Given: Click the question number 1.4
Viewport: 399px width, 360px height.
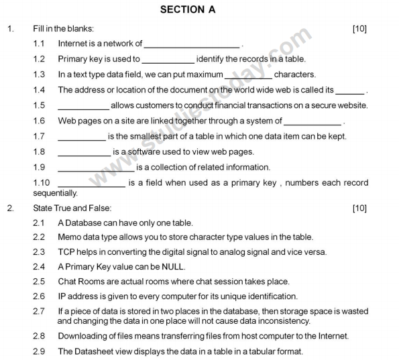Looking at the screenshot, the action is tap(40, 90).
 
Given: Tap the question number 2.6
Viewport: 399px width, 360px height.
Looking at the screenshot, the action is tap(40, 296).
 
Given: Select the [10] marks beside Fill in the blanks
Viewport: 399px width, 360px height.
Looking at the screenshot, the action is tap(359, 29).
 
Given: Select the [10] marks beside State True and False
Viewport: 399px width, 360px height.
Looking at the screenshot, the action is tap(359, 208).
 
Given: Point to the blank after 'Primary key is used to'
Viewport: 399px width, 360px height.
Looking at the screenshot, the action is tap(168, 60).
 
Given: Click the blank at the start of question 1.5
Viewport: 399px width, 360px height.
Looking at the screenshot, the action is tap(83, 106).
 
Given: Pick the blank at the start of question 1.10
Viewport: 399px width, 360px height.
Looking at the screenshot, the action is tap(93, 183).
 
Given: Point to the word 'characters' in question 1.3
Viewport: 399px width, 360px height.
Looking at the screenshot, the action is tap(294, 74).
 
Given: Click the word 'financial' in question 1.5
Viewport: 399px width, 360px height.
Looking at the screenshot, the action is tap(231, 105).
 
